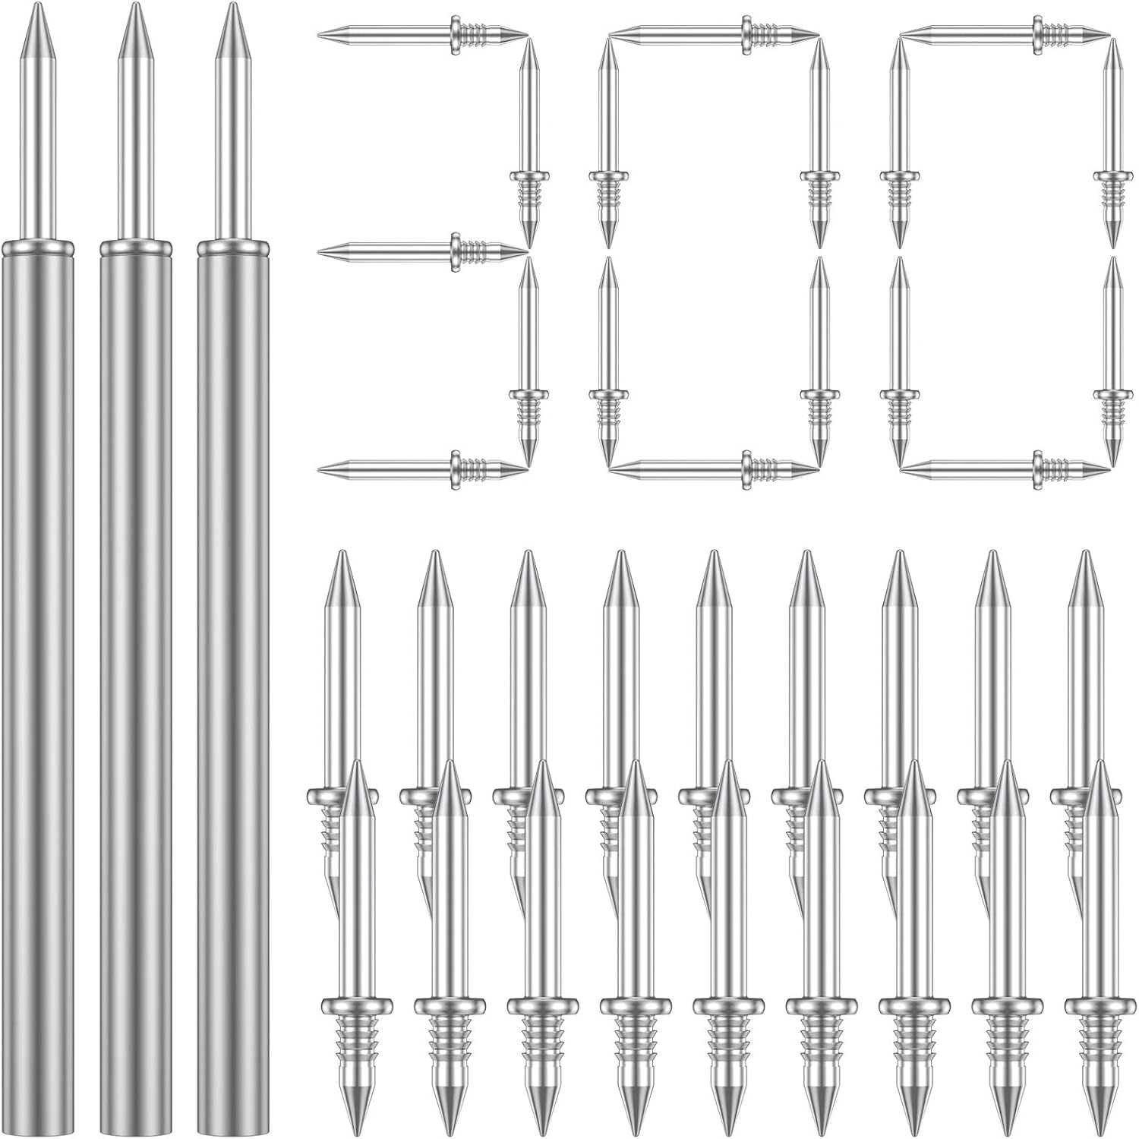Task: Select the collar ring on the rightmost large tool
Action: click(232, 248)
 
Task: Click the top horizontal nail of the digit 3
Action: click(422, 34)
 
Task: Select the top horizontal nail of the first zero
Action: click(714, 34)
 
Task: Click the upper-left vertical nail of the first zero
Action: click(606, 144)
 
